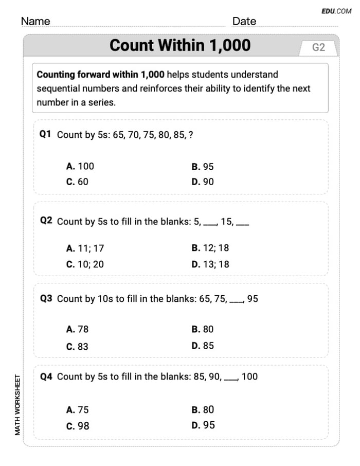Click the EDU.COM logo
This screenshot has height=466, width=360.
[336, 10]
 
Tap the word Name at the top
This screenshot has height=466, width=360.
[35, 21]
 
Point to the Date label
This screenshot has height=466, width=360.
[244, 21]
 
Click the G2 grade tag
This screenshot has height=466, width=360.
[318, 47]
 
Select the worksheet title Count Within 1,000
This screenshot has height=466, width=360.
[180, 46]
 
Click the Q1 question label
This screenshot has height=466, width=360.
[46, 134]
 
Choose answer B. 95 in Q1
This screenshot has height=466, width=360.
[202, 167]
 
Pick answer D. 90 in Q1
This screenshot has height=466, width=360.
[202, 182]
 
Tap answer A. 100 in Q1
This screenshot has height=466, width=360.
[80, 167]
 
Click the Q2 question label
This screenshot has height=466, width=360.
[46, 221]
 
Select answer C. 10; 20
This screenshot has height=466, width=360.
[85, 264]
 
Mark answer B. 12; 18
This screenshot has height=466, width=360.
[210, 248]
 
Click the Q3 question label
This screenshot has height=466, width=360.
[46, 298]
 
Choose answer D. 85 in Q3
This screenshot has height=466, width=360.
[202, 346]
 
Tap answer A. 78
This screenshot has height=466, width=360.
[77, 329]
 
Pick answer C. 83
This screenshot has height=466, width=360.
[77, 346]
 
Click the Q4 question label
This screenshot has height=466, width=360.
[46, 377]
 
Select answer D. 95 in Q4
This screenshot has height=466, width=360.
[202, 425]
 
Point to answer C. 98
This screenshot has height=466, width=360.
[77, 426]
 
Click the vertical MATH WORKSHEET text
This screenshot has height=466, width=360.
[17, 405]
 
